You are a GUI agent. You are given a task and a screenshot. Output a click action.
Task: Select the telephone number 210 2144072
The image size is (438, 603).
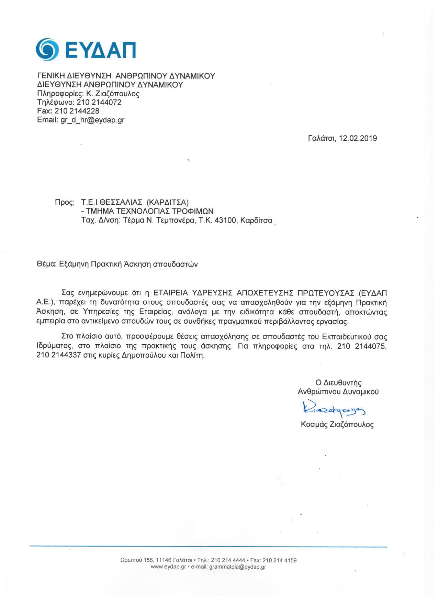pyautogui.click(x=99, y=103)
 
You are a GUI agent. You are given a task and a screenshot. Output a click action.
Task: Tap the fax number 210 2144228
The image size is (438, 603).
pyautogui.click(x=77, y=111)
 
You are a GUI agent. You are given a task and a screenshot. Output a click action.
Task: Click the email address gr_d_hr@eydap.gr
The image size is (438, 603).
pyautogui.click(x=92, y=120)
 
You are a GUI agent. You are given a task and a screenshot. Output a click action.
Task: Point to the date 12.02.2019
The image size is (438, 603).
pyautogui.click(x=358, y=139)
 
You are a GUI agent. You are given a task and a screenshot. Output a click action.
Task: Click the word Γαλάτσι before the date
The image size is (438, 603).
pyautogui.click(x=322, y=139)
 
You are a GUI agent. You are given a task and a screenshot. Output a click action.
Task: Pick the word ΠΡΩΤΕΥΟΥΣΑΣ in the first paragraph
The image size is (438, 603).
pyautogui.click(x=323, y=293)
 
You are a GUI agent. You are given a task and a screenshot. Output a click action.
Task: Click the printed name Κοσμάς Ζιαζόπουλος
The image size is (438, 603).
pyautogui.click(x=337, y=424)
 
